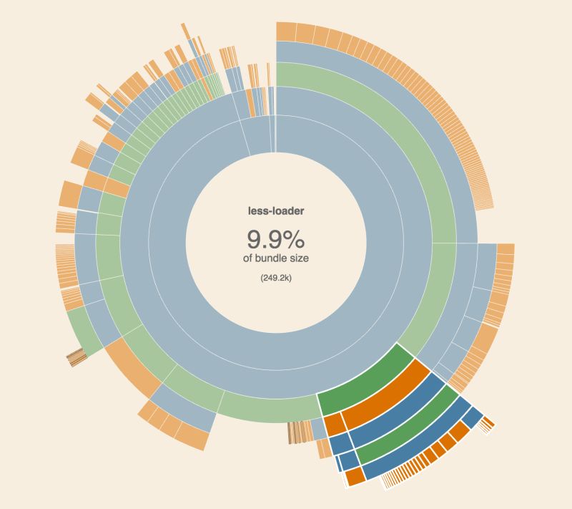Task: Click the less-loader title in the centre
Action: coord(276,211)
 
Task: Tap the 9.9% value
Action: coord(276,238)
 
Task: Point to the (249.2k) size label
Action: coord(276,278)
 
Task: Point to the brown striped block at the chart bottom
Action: coord(299,432)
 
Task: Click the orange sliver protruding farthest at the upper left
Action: coord(184,31)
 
